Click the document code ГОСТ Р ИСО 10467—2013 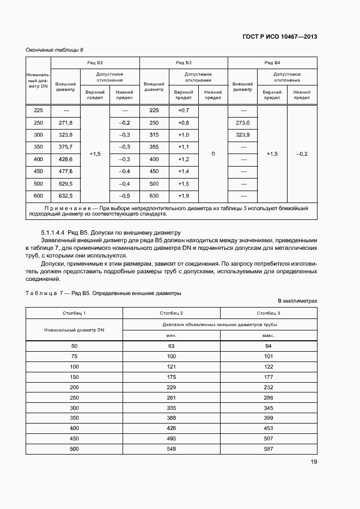point(279,37)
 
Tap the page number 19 point(314,462)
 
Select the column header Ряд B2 point(95,63)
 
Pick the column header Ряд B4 point(272,63)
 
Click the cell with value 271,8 point(65,123)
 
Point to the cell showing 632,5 point(65,195)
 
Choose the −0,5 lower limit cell point(124,195)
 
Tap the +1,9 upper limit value point(183,195)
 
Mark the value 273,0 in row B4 point(242,123)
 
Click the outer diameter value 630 point(154,195)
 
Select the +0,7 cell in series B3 point(183,111)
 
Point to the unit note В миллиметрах point(297,301)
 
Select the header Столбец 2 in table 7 point(171,313)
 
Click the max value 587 point(269,449)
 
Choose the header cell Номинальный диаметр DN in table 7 point(74,329)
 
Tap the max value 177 point(269,376)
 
